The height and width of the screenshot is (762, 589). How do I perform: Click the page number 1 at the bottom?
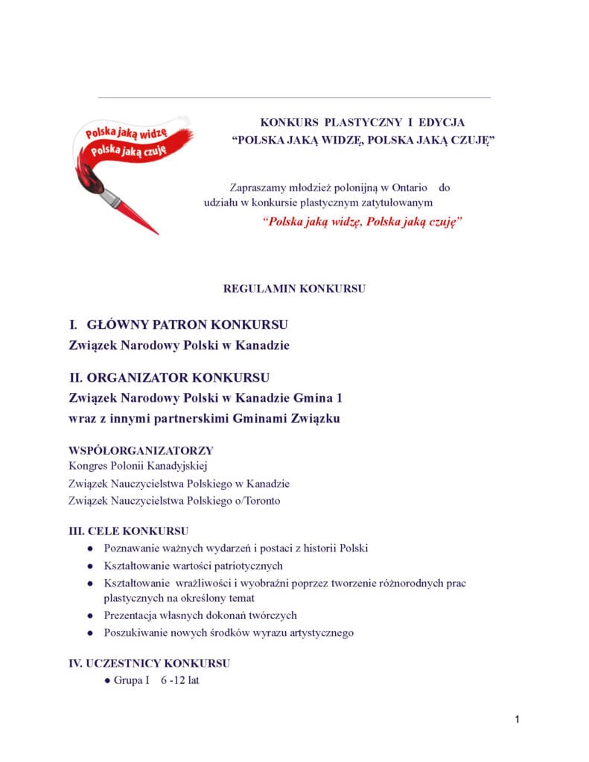(x=517, y=720)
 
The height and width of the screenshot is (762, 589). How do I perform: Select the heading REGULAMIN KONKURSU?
(x=294, y=289)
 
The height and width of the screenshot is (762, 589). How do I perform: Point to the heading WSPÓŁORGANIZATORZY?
(x=141, y=450)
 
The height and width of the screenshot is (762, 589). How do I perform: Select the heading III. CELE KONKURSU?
(x=128, y=531)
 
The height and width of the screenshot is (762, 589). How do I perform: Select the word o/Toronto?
(x=255, y=501)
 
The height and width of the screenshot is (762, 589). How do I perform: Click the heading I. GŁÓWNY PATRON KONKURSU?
(x=178, y=325)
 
